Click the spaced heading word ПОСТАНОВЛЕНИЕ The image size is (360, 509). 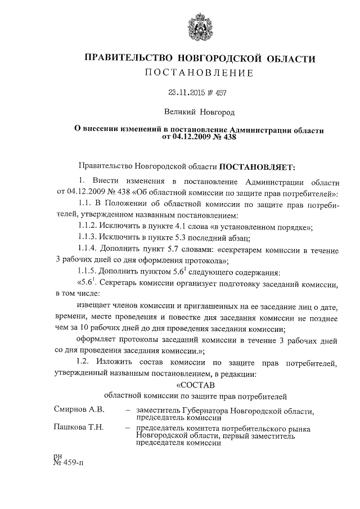click(x=200, y=73)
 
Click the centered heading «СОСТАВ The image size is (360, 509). click(x=197, y=385)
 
